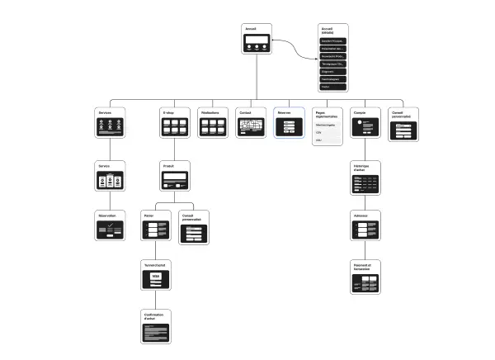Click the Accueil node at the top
tap(257, 40)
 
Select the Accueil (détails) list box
tap(333, 58)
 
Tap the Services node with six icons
tap(110, 122)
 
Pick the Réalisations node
tap(214, 122)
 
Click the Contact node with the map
tap(251, 122)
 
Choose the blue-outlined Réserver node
tap(289, 122)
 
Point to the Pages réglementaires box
tap(328, 126)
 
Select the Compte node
tap(366, 122)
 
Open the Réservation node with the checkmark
tap(110, 226)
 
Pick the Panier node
tap(156, 227)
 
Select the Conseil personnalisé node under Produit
tap(195, 227)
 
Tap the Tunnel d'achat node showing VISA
tap(156, 277)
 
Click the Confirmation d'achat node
tap(156, 327)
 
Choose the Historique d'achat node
tap(366, 178)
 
